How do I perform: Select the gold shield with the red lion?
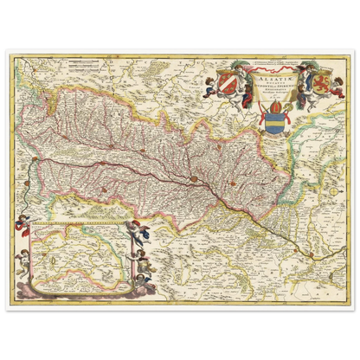[305, 92]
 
